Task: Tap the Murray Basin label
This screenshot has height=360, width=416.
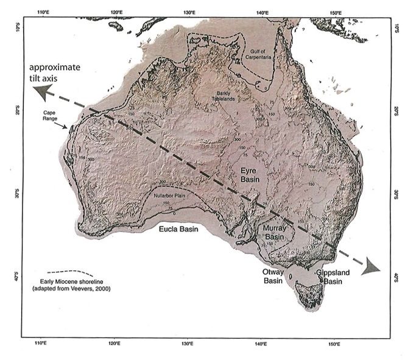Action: pyautogui.click(x=275, y=231)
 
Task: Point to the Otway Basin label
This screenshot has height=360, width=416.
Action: pyautogui.click(x=274, y=277)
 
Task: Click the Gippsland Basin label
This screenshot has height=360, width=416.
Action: pyautogui.click(x=333, y=277)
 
